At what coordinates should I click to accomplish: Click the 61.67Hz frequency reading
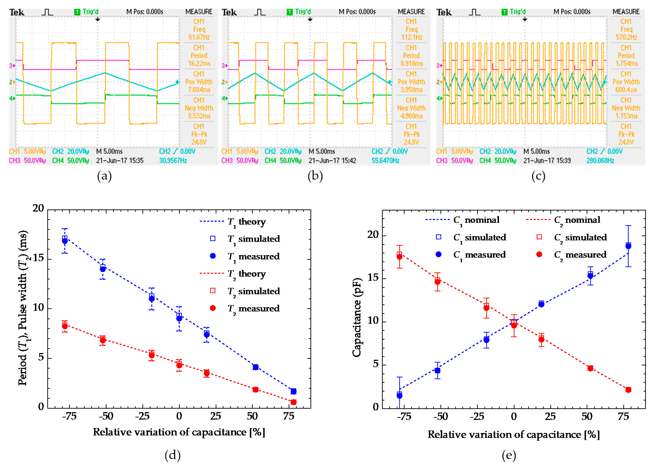[199, 37]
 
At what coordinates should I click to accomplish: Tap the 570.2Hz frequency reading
[626, 37]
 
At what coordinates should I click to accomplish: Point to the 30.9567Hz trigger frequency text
[173, 161]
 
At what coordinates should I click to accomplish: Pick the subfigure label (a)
[104, 176]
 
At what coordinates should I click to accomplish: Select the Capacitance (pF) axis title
[357, 317]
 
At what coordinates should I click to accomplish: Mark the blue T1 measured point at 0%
[179, 318]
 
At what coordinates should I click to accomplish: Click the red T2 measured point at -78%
[65, 326]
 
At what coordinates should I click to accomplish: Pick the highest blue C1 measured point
[628, 246]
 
